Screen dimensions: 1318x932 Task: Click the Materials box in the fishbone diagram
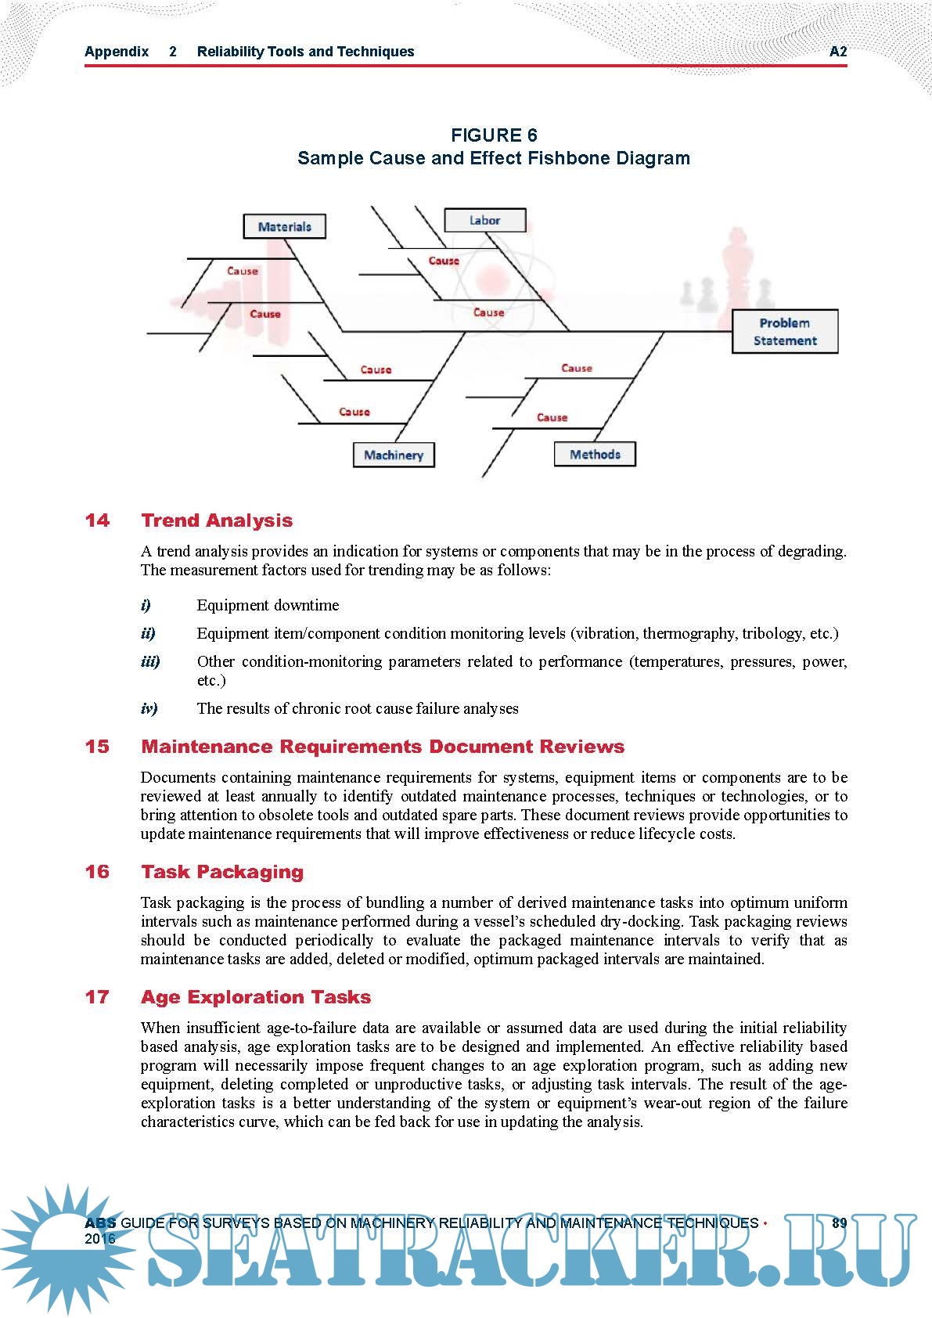pos(285,227)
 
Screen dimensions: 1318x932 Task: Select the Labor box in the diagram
pos(485,221)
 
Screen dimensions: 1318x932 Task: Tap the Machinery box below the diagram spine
pos(394,456)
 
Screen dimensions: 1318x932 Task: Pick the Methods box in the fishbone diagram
pos(595,455)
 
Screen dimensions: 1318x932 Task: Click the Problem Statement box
pos(785,332)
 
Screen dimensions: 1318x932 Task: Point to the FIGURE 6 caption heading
pos(494,135)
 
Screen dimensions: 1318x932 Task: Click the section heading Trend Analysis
pos(217,520)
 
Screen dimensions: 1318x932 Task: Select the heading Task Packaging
pos(222,872)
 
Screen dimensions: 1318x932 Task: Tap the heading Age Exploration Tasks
pos(256,997)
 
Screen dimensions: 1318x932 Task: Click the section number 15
pos(97,747)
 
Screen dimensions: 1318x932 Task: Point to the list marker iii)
pos(150,662)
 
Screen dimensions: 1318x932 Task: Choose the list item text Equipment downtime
pos(268,606)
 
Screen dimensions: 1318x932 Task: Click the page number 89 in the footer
pos(839,1223)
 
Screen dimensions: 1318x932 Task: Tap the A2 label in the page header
pos(838,52)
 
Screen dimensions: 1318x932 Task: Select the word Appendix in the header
pos(117,52)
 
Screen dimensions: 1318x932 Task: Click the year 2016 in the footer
pos(100,1239)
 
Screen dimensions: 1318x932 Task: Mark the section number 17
pos(97,997)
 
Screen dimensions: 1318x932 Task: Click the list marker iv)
pos(149,709)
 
